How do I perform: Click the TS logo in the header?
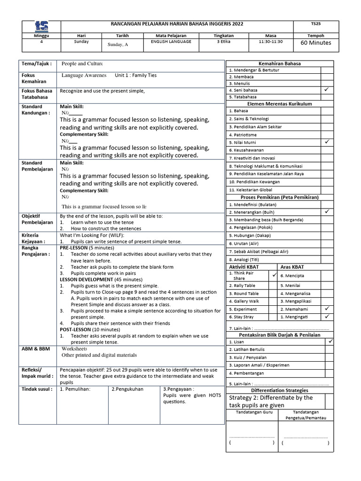(x=41, y=26)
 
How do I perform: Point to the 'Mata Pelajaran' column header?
(x=171, y=35)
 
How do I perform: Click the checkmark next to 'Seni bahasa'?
(x=327, y=89)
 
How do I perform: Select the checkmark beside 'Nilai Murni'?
(x=327, y=141)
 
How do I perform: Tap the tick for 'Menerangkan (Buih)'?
(x=327, y=211)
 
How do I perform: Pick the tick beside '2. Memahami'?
(x=327, y=309)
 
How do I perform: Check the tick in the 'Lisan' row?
(x=330, y=341)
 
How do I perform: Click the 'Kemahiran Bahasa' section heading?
(x=280, y=63)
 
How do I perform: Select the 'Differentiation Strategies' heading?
(x=280, y=390)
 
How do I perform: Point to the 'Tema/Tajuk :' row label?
(x=35, y=63)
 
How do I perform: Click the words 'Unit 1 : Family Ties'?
(x=136, y=75)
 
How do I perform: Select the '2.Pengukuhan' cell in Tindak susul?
(x=127, y=389)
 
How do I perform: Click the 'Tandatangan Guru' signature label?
(x=252, y=412)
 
